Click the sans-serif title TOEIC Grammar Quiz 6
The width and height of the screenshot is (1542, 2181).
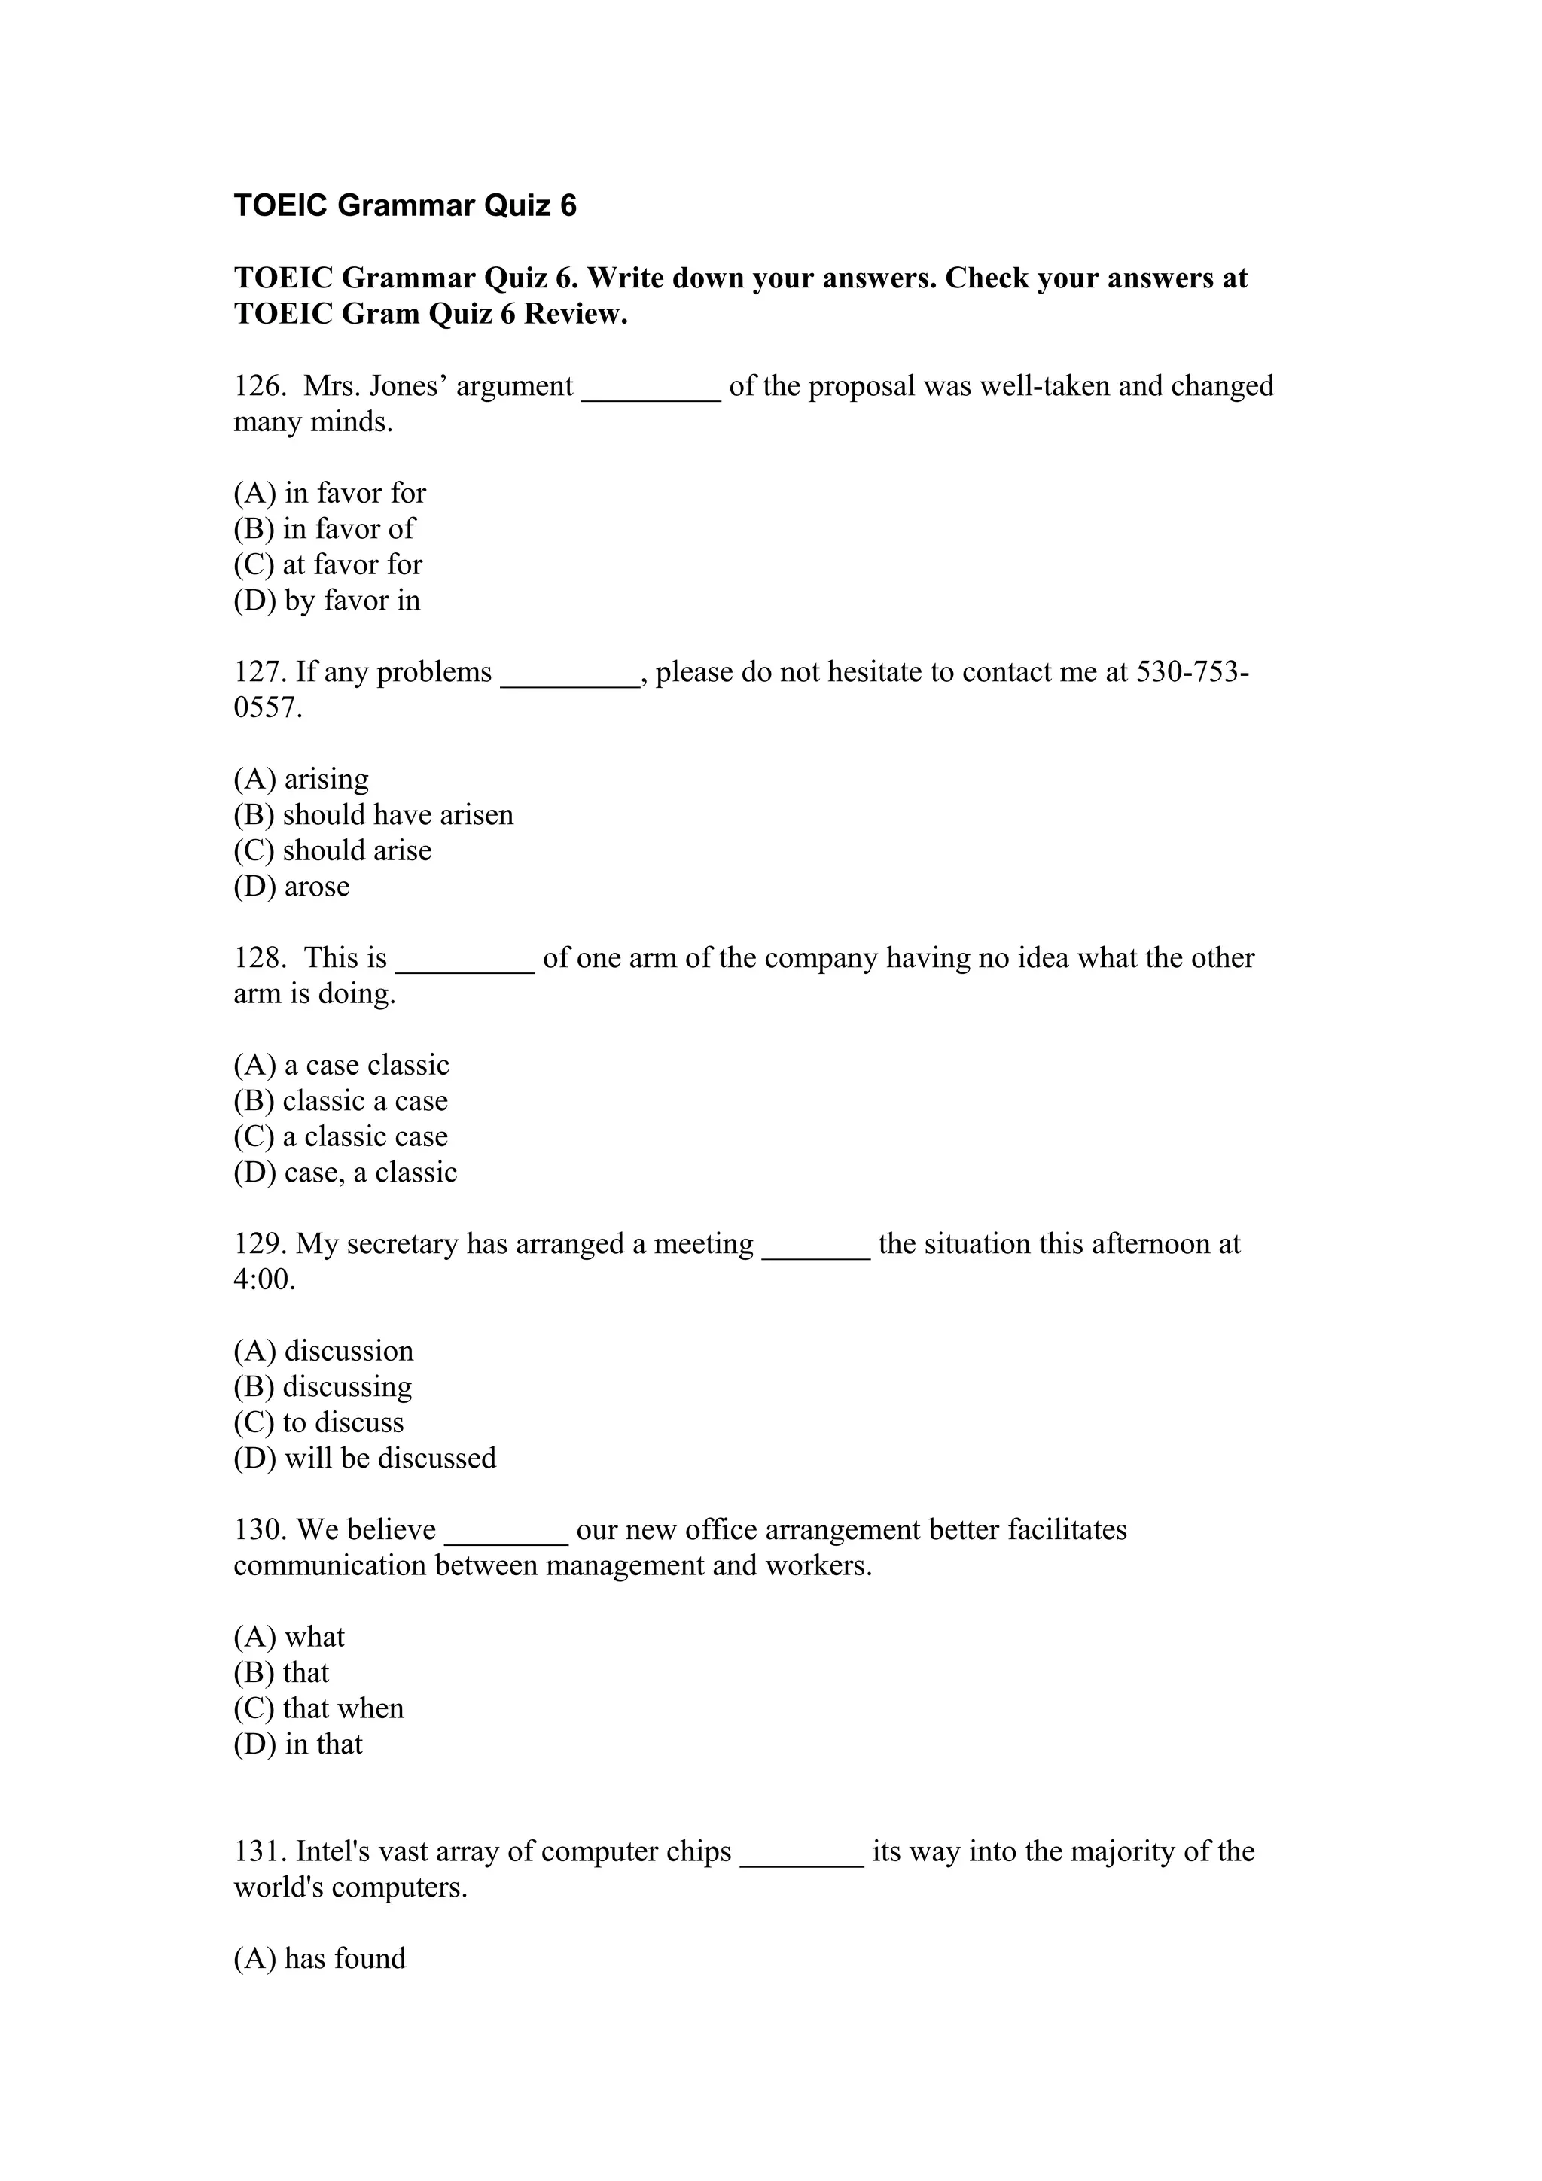click(405, 205)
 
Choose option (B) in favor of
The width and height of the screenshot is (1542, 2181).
click(324, 529)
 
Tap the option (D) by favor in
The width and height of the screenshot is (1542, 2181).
click(327, 601)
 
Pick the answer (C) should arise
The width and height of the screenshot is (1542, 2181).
click(333, 850)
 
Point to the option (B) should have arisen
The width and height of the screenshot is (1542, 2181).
click(373, 815)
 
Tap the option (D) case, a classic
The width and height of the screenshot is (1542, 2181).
click(345, 1173)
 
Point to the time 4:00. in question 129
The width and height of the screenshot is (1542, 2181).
click(264, 1280)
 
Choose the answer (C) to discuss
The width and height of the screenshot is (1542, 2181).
click(318, 1423)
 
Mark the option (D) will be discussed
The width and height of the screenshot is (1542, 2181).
click(365, 1458)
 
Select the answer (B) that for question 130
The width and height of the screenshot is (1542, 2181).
click(282, 1673)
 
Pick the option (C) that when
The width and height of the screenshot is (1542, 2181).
click(318, 1709)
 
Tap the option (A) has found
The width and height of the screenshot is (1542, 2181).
click(319, 1959)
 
